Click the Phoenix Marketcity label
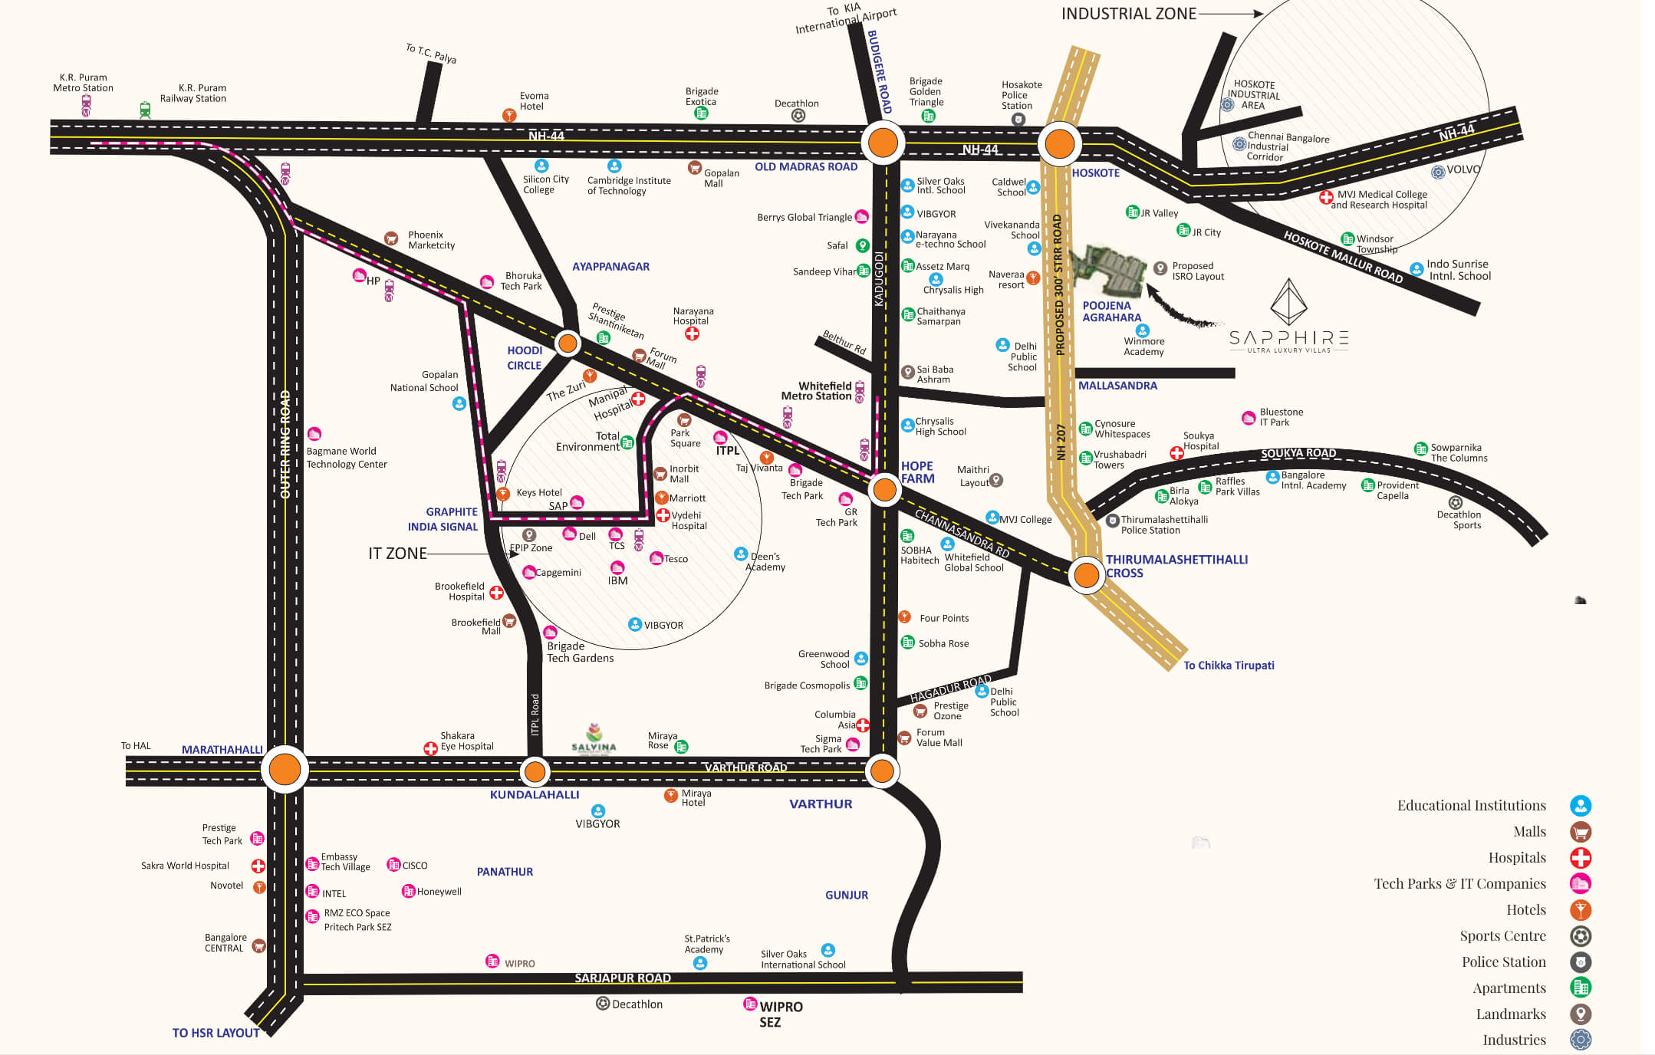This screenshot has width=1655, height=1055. [431, 240]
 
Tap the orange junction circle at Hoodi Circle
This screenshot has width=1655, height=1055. [568, 343]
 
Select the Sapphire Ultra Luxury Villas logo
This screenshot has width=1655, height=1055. [1288, 317]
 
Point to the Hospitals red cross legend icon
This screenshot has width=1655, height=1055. [1581, 857]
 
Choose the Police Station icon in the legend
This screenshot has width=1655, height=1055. [1581, 961]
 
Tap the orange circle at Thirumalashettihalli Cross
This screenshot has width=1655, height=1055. [1086, 574]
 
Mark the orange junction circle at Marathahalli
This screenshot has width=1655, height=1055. [285, 769]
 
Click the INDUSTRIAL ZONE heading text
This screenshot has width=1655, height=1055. [1128, 14]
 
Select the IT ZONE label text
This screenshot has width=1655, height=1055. [397, 554]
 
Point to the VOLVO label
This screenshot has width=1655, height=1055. [1463, 169]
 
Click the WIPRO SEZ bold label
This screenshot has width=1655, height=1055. [780, 1014]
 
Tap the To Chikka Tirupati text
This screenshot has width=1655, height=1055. [1229, 666]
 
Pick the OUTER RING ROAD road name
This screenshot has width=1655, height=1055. [285, 445]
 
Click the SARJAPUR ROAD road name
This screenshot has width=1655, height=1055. [623, 978]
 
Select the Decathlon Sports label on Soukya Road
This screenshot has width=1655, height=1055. [1459, 520]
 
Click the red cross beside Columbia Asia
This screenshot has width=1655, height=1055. [863, 725]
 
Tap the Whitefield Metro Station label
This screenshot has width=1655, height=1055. [816, 391]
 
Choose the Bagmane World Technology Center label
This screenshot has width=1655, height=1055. [347, 458]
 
